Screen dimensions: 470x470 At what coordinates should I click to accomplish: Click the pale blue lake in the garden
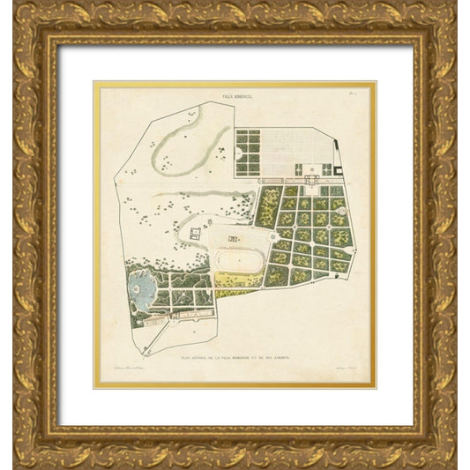pos(139,291)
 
